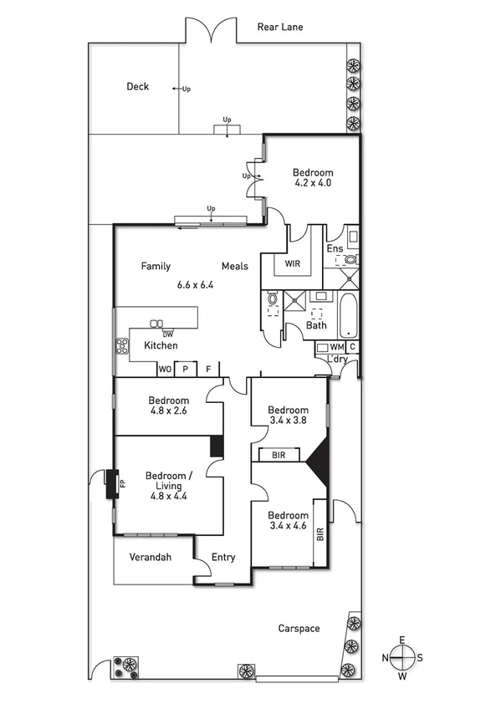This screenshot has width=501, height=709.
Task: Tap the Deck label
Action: click(x=137, y=86)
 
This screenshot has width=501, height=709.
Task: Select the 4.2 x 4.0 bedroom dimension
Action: click(x=314, y=181)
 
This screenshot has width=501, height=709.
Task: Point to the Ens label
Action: click(x=335, y=248)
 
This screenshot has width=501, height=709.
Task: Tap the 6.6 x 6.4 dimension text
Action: click(x=196, y=284)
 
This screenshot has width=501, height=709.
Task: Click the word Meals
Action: click(x=235, y=266)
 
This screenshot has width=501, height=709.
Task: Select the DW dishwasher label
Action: click(x=156, y=334)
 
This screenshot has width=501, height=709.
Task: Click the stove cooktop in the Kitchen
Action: click(x=121, y=345)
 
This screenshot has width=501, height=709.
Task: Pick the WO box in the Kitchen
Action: click(x=165, y=369)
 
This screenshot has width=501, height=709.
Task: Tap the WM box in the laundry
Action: click(x=335, y=347)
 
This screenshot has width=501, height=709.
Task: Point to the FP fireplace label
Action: click(x=121, y=483)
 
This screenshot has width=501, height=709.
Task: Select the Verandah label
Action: click(x=150, y=557)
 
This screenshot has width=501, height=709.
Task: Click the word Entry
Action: click(x=223, y=558)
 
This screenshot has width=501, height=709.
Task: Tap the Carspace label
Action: click(x=299, y=628)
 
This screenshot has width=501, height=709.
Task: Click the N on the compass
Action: click(x=386, y=657)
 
